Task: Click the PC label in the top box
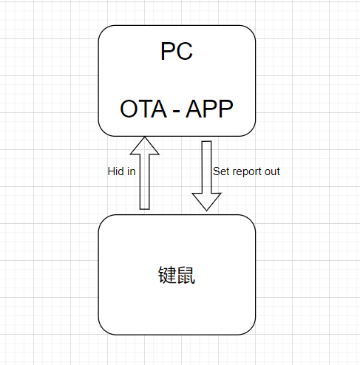point(177,51)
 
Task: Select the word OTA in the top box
point(143,109)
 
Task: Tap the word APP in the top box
point(209,109)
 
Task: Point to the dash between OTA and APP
point(176,112)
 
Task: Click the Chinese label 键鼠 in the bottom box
point(177,275)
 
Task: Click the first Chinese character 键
point(167,275)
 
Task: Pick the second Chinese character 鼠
point(186,275)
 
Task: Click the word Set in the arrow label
point(219,171)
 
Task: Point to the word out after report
point(272,171)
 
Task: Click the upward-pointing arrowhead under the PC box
point(145,146)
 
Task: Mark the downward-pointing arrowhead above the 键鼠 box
point(206,202)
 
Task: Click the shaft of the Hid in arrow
point(145,182)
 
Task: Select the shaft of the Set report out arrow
point(206,167)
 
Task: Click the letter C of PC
point(184,51)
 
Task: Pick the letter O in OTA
point(129,109)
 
